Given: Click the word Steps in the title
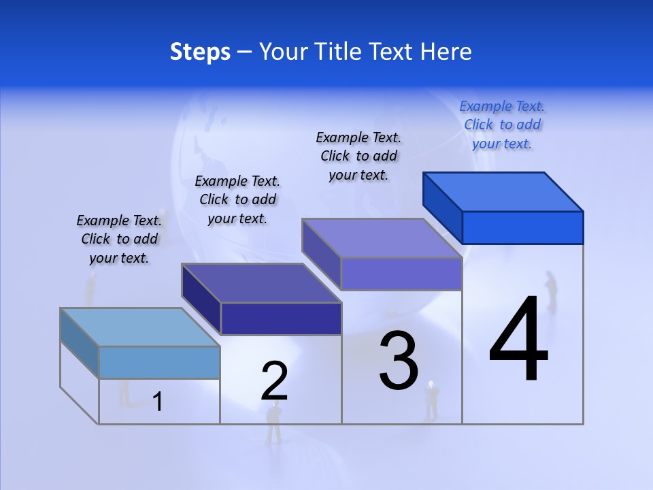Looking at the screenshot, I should click(200, 52).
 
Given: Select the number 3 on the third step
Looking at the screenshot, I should click(399, 361).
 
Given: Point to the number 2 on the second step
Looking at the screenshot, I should click(274, 381).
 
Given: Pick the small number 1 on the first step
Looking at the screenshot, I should click(158, 402).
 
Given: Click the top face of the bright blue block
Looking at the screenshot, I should click(503, 192).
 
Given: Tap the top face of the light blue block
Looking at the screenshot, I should click(140, 327).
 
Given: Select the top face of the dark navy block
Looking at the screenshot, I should click(261, 283).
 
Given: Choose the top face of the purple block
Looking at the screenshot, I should click(382, 238).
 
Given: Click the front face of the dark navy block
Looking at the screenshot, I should click(281, 318).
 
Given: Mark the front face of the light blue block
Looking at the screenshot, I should click(159, 362).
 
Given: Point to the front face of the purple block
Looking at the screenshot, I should click(401, 274).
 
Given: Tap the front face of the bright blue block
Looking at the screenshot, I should click(522, 227).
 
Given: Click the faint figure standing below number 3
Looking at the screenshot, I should click(431, 401).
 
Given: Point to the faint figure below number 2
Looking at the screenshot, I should click(273, 422).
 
